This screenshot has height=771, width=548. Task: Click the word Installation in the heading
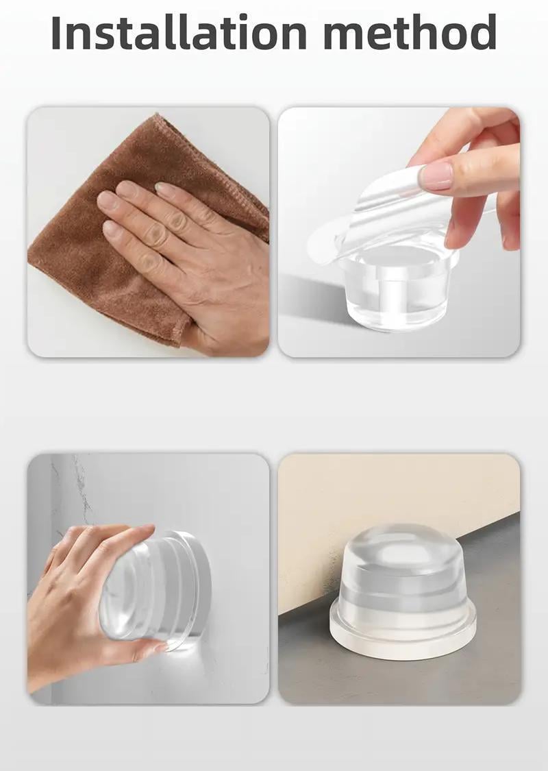point(179,32)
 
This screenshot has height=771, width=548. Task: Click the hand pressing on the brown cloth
point(192,256)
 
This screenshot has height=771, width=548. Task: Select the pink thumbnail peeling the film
point(436,176)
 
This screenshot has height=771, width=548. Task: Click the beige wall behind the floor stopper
point(393,491)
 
